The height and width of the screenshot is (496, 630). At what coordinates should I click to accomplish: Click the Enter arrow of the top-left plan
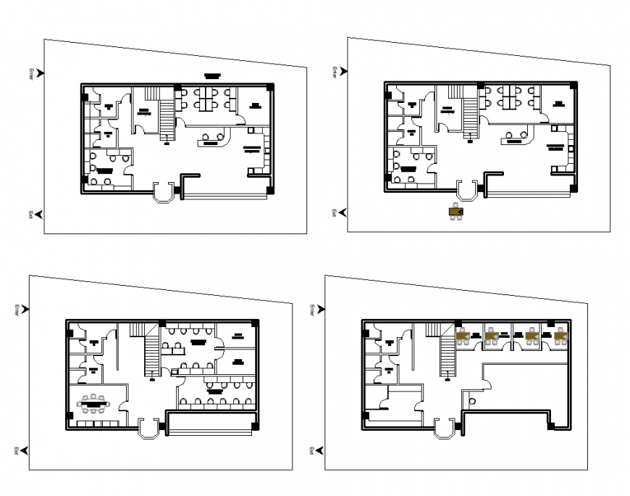tap(40, 73)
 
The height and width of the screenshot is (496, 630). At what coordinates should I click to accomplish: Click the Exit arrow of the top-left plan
tap(39, 214)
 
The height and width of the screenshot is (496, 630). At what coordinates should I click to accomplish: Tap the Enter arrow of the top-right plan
tap(343, 71)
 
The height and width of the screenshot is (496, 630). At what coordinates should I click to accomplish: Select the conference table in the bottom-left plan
tap(94, 400)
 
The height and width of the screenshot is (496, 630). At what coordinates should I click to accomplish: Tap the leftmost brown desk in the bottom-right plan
tap(464, 336)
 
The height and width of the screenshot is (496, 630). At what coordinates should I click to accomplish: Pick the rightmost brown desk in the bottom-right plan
tap(560, 336)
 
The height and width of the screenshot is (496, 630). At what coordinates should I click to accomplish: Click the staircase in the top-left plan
tap(167, 119)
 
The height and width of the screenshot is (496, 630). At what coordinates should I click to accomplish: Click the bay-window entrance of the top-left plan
tap(165, 192)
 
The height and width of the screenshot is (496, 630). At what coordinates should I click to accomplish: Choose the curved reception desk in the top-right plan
tap(517, 137)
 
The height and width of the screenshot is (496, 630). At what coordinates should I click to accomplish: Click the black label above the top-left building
tap(211, 75)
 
